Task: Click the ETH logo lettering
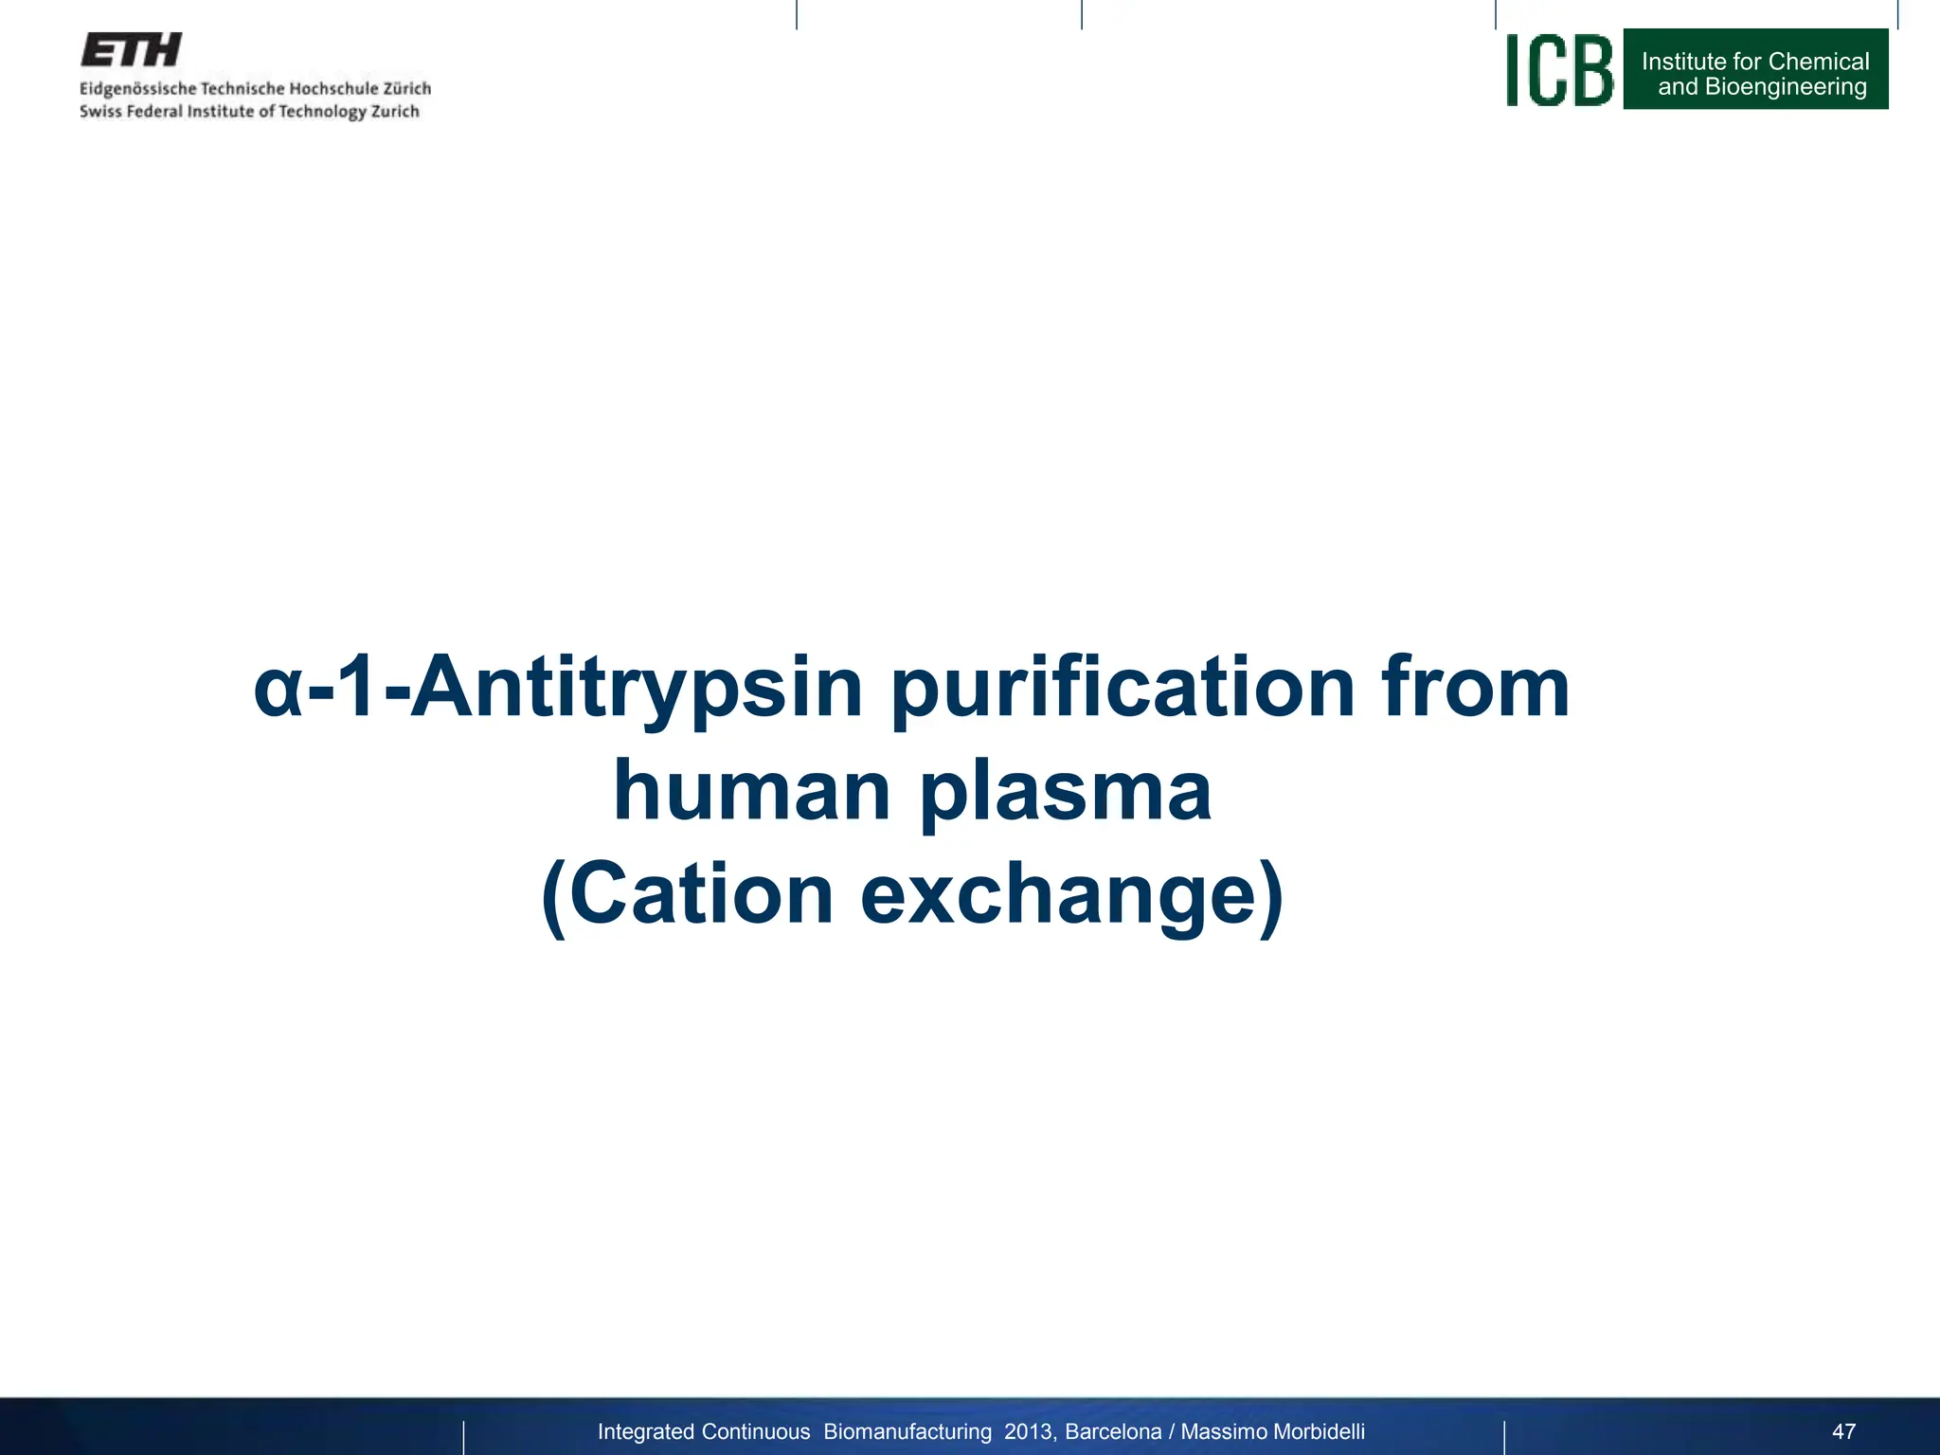(131, 50)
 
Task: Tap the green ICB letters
(1559, 70)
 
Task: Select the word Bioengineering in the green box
(1786, 87)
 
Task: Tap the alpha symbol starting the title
(278, 692)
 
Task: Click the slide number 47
(1843, 1431)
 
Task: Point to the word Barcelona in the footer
(1113, 1431)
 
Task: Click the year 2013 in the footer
(1028, 1431)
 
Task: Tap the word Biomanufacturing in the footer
(907, 1431)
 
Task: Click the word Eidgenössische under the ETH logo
(137, 89)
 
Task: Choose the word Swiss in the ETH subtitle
(99, 112)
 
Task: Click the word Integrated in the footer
(645, 1432)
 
